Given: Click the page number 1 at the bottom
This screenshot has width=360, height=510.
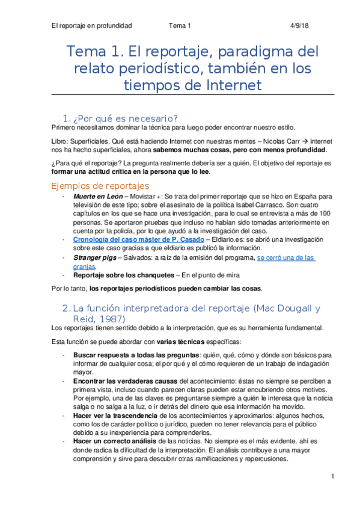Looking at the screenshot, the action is (332, 477).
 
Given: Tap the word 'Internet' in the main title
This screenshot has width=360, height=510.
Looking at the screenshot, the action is (233, 85).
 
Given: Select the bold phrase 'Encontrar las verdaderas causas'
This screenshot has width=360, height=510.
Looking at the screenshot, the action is (126, 381).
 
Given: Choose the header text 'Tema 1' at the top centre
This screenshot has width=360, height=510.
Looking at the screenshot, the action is (180, 26).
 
